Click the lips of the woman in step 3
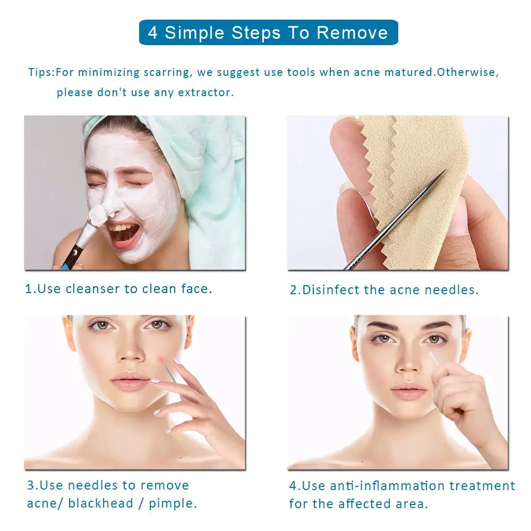tap(130, 382)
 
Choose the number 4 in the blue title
tap(153, 33)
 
